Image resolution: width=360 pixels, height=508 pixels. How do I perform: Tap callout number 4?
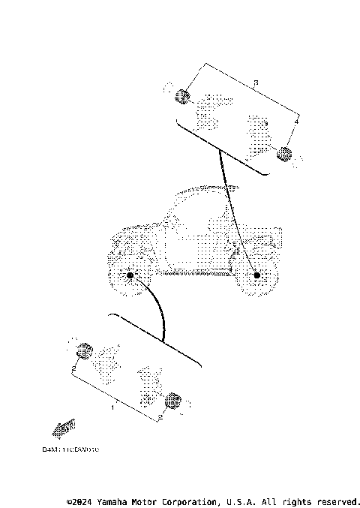(297, 120)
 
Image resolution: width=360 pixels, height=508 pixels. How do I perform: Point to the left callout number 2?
(74, 369)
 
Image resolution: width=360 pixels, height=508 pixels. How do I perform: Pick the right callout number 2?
(159, 416)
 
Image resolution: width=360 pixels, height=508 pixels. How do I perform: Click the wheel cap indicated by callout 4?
(284, 155)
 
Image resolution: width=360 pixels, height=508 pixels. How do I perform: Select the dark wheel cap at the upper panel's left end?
(181, 95)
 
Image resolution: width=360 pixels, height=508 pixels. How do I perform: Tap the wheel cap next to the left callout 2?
(85, 350)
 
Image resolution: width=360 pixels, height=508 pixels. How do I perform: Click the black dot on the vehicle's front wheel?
(130, 276)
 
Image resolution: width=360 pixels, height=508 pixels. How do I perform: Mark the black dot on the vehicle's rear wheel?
(257, 276)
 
